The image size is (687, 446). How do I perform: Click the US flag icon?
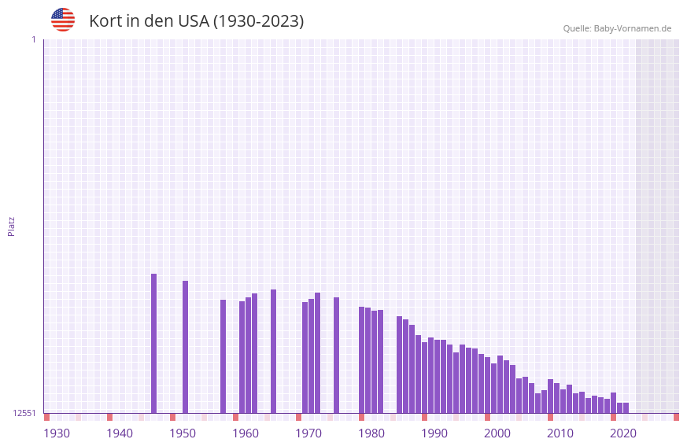pyautogui.click(x=63, y=20)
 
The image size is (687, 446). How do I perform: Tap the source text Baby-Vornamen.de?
pyautogui.click(x=632, y=28)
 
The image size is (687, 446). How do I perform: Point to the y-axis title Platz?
pyautogui.click(x=11, y=226)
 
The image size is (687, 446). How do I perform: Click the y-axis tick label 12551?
pyautogui.click(x=24, y=413)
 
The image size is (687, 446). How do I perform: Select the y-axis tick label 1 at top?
pyautogui.click(x=33, y=39)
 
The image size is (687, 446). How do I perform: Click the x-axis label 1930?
pyautogui.click(x=57, y=433)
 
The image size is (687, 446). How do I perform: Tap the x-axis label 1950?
pyautogui.click(x=183, y=433)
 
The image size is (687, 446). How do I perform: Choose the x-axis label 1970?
pyautogui.click(x=308, y=433)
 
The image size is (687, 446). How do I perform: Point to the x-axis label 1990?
pyautogui.click(x=434, y=433)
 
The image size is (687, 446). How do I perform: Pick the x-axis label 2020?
pyautogui.click(x=623, y=433)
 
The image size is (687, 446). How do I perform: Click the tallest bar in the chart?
pyautogui.click(x=153, y=343)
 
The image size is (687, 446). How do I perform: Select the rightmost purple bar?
pyautogui.click(x=626, y=407)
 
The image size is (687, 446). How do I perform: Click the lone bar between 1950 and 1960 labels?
pyautogui.click(x=223, y=356)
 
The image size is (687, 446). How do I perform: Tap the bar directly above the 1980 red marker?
pyautogui.click(x=361, y=359)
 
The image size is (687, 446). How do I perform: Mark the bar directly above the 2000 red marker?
pyautogui.click(x=487, y=385)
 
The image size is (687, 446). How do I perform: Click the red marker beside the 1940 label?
pyautogui.click(x=109, y=417)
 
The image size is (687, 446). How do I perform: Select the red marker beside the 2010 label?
pyautogui.click(x=550, y=417)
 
